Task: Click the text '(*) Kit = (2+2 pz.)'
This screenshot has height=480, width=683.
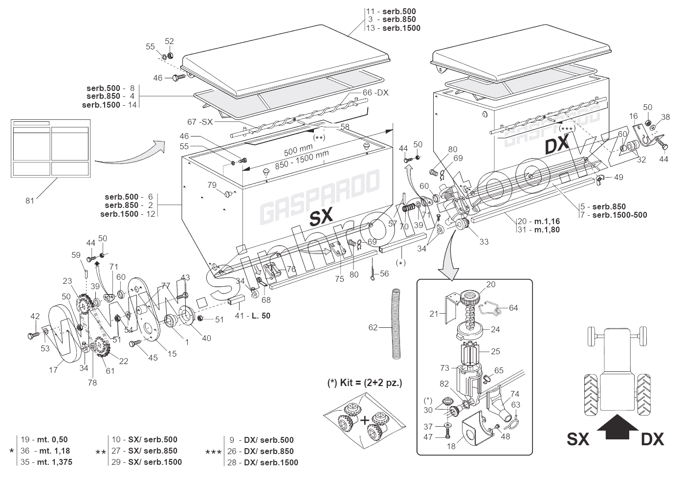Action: pyautogui.click(x=364, y=383)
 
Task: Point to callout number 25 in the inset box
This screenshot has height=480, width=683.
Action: pyautogui.click(x=495, y=352)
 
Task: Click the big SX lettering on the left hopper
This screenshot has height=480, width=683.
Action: pyautogui.click(x=321, y=215)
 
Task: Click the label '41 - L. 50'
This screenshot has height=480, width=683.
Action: pyautogui.click(x=253, y=316)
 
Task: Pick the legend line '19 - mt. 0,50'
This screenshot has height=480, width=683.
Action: pyautogui.click(x=44, y=439)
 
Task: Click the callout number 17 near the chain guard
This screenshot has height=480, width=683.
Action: pyautogui.click(x=53, y=370)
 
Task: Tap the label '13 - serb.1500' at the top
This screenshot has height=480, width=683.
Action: pyautogui.click(x=394, y=28)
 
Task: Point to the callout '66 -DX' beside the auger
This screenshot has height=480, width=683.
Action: pyautogui.click(x=375, y=92)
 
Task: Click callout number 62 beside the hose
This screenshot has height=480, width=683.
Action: pyautogui.click(x=373, y=327)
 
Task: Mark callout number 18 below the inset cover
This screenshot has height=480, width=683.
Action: pyautogui.click(x=451, y=446)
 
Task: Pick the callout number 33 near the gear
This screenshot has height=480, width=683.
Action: pyautogui.click(x=484, y=241)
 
